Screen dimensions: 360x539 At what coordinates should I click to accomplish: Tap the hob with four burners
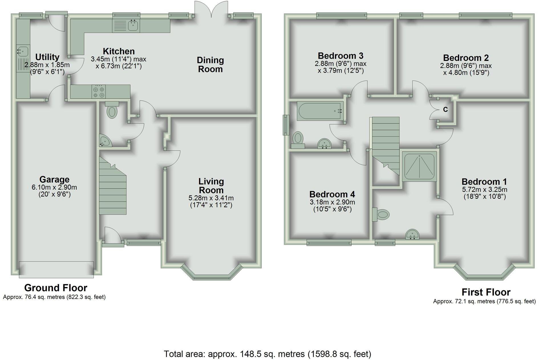[x=98, y=92]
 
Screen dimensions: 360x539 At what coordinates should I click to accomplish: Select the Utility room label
[x=47, y=57]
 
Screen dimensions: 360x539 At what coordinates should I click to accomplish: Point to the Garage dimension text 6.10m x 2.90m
[x=54, y=187]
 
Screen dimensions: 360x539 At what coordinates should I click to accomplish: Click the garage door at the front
[x=56, y=269]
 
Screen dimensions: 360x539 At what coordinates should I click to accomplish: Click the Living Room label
[x=211, y=186]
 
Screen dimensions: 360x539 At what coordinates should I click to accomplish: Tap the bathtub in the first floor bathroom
[x=319, y=111]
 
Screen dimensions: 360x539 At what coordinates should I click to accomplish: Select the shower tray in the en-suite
[x=419, y=166]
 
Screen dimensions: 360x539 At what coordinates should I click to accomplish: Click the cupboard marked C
[x=445, y=109]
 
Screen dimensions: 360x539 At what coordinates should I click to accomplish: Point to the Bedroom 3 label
[x=341, y=55]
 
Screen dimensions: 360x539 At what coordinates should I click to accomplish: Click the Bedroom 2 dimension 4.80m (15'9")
[x=466, y=73]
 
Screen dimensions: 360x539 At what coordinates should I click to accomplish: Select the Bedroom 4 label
[x=332, y=194]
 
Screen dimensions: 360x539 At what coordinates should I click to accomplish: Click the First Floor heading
[x=486, y=292]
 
